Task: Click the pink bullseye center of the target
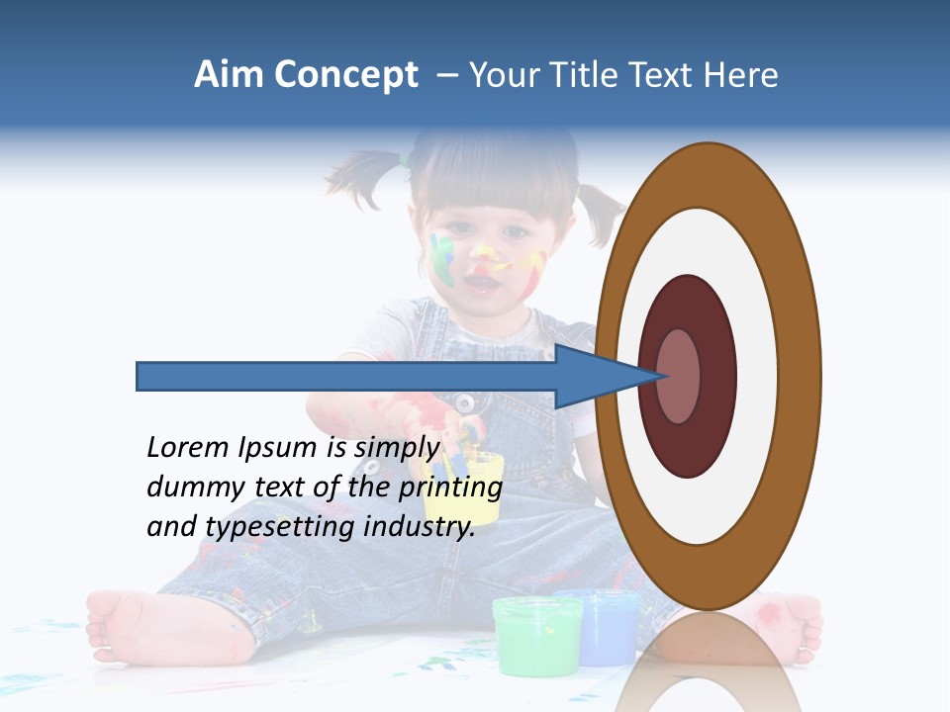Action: [679, 376]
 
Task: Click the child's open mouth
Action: [483, 284]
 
